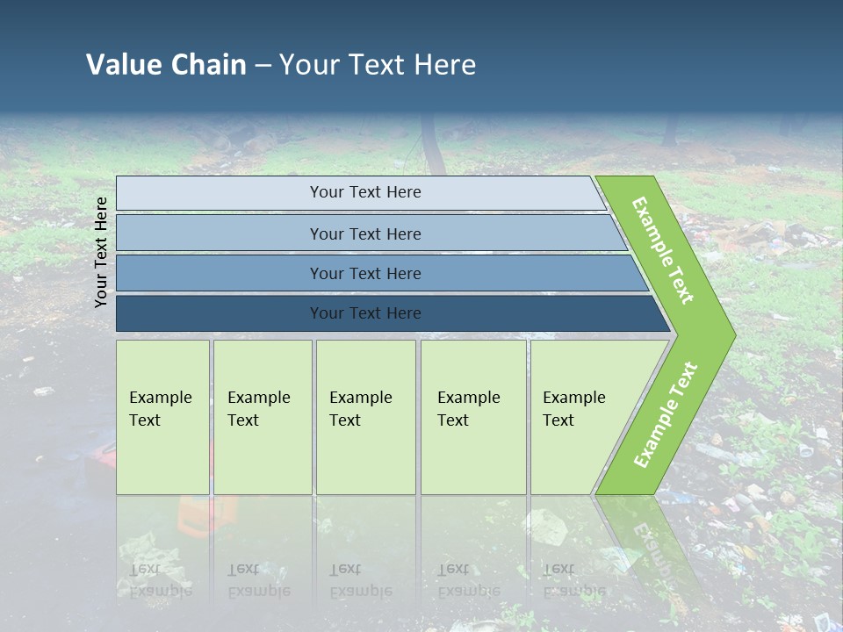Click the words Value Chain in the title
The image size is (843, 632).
pyautogui.click(x=166, y=65)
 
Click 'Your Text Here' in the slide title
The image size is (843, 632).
pyautogui.click(x=378, y=65)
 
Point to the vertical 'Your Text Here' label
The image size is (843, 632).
pyautogui.click(x=101, y=252)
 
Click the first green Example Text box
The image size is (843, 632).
pyautogui.click(x=162, y=417)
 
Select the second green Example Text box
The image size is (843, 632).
pyautogui.click(x=262, y=417)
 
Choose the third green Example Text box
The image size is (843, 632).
pyautogui.click(x=365, y=417)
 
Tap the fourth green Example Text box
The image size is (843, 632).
pyautogui.click(x=473, y=417)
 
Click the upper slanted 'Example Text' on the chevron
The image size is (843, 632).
pyautogui.click(x=663, y=250)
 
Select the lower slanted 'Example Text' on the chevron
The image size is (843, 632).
pyautogui.click(x=665, y=415)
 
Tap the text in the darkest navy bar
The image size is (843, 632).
pyautogui.click(x=365, y=313)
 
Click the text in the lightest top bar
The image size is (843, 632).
pyautogui.click(x=365, y=192)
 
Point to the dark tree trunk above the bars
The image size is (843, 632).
pyautogui.click(x=431, y=145)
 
